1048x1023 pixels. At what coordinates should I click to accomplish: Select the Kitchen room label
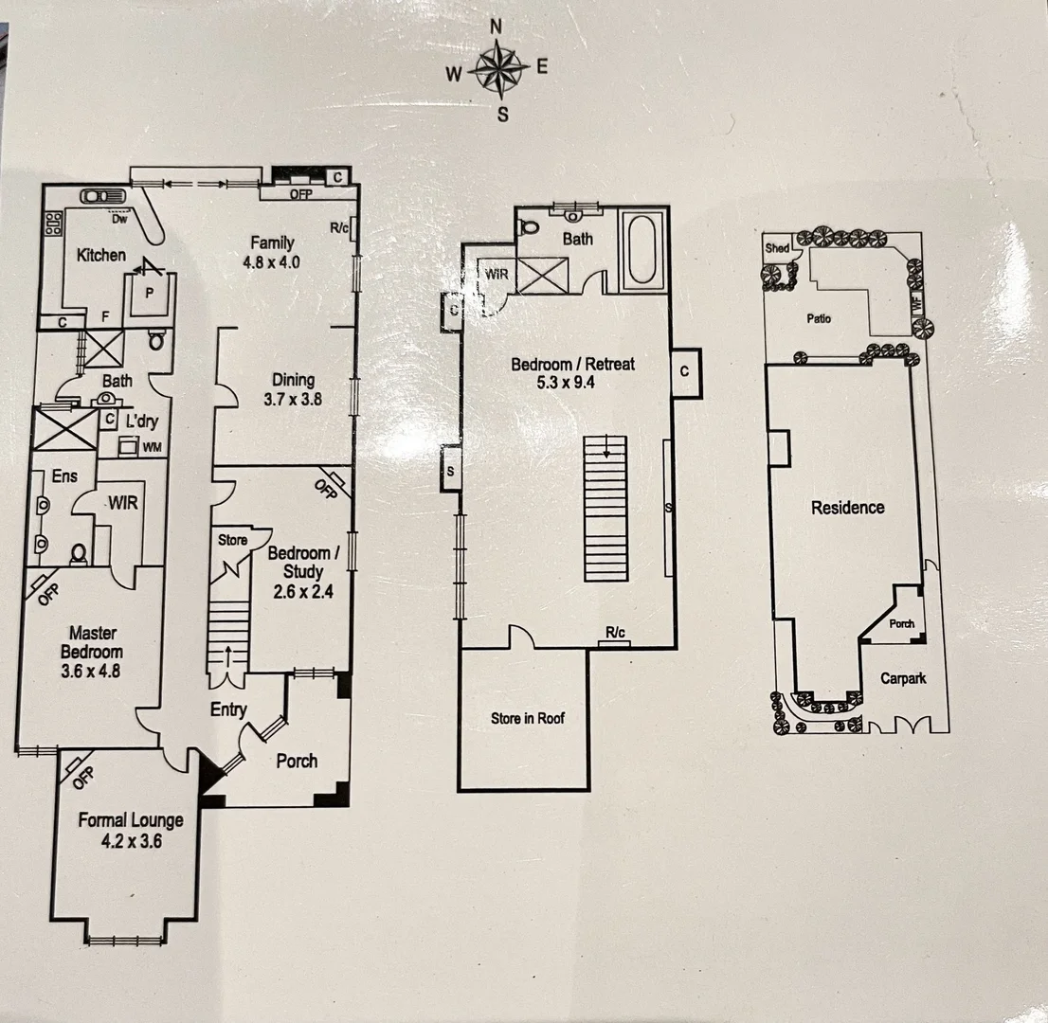(x=101, y=255)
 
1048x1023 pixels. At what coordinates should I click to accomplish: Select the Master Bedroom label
(x=92, y=642)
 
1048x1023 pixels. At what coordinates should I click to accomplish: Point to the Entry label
(x=228, y=709)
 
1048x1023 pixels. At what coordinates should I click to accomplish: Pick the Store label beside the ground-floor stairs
(x=232, y=541)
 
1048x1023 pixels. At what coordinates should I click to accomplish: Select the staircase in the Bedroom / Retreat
(x=606, y=509)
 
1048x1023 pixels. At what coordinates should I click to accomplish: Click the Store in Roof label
(x=527, y=718)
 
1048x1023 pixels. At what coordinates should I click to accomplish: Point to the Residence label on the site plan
(x=847, y=508)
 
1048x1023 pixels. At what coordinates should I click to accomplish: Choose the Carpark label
(x=902, y=678)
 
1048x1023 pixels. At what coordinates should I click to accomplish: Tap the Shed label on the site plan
(x=777, y=248)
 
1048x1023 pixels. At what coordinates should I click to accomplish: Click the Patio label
(x=819, y=318)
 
